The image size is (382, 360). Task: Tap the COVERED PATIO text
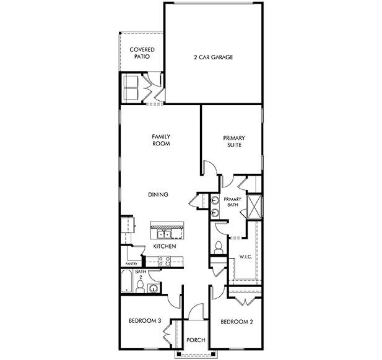click(141, 53)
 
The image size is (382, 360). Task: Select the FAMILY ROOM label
click(161, 140)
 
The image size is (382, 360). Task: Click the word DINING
click(158, 195)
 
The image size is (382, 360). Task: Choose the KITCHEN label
click(165, 247)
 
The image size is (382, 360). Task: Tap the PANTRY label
click(131, 264)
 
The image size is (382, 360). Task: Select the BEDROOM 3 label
click(145, 321)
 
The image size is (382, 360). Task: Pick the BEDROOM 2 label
click(237, 322)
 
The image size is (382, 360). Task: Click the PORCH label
click(196, 340)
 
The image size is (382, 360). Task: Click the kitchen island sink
click(165, 234)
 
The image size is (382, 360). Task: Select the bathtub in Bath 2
click(126, 281)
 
